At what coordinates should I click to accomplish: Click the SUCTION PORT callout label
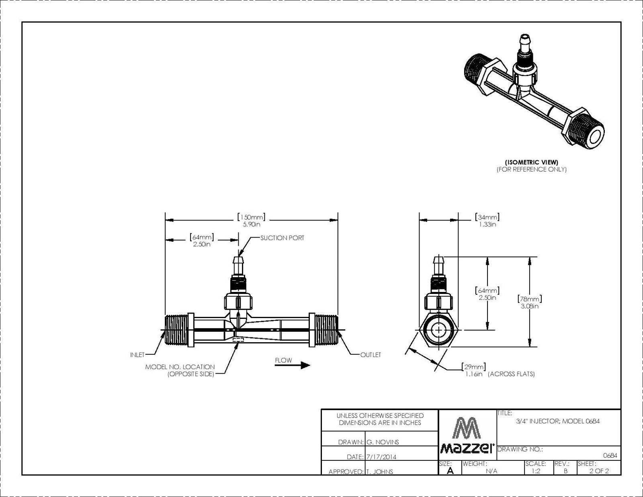coord(282,238)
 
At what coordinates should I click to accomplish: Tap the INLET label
coord(137,355)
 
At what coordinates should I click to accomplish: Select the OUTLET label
coord(371,355)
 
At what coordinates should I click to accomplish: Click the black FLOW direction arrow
coord(292,365)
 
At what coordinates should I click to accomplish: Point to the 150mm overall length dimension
coord(251,220)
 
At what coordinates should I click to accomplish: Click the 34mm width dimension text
coord(487,220)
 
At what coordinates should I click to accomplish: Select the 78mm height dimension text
coord(529,302)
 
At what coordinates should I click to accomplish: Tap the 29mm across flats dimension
coord(474,370)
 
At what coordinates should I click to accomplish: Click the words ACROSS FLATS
coord(511,374)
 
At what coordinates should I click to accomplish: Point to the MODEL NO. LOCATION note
coord(180,370)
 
